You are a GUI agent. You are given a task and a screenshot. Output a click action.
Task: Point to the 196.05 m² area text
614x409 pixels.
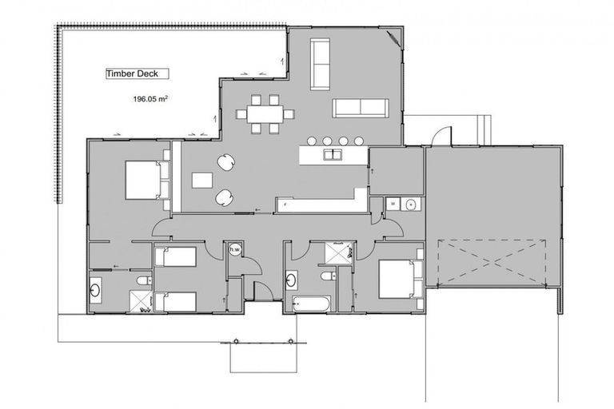[x=150, y=99]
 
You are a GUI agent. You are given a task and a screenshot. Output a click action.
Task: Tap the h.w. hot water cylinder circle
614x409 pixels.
[x=235, y=249]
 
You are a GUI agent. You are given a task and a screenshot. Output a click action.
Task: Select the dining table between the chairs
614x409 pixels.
[x=265, y=114]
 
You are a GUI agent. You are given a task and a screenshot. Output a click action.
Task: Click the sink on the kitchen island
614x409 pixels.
[x=333, y=154]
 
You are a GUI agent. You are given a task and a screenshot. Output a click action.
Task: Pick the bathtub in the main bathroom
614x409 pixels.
[x=311, y=304]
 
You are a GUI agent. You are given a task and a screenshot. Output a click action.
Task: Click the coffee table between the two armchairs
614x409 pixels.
[x=202, y=181]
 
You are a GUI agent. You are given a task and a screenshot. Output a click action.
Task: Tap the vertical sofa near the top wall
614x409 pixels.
[x=321, y=64]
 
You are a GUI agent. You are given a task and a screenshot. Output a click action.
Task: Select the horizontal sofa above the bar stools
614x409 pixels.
[x=361, y=108]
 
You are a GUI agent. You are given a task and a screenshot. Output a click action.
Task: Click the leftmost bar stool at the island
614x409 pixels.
[x=312, y=141]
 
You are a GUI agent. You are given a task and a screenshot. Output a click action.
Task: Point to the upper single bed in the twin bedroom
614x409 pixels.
[x=175, y=256]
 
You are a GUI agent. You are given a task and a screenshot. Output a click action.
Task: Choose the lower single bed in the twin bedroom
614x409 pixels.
[x=175, y=302]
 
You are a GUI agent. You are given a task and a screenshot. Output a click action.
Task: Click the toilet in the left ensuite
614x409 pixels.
[x=144, y=280]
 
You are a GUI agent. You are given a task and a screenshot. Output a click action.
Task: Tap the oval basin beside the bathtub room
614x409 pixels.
[x=291, y=280]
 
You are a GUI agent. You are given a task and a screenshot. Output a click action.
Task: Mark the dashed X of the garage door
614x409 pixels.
[x=492, y=262]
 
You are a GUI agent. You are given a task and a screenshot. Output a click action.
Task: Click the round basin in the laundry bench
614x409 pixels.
[x=411, y=204]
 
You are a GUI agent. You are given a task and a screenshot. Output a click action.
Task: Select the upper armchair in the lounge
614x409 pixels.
[x=226, y=162]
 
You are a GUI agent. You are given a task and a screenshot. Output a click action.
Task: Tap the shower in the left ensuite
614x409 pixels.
[x=141, y=301]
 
